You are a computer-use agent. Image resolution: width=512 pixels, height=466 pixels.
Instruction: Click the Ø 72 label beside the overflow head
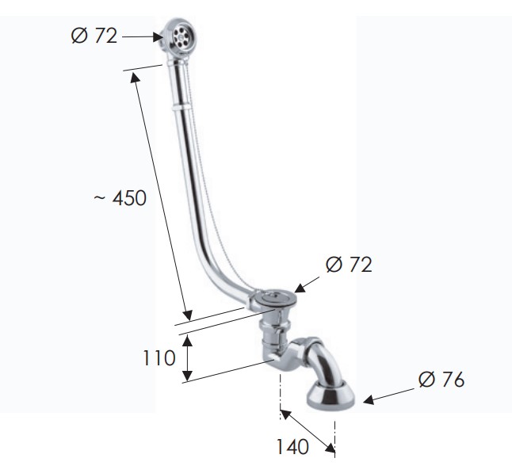[94, 36]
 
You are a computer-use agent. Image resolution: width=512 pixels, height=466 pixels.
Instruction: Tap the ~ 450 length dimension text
[120, 197]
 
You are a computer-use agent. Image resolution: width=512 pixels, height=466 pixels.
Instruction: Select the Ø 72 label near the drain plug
[349, 264]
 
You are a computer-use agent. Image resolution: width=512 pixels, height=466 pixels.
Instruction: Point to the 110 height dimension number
[159, 358]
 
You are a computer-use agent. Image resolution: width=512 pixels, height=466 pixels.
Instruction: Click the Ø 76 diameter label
[441, 379]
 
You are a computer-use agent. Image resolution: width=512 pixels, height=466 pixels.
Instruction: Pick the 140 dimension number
[292, 446]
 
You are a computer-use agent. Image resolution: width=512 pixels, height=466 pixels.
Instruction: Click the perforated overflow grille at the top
[181, 36]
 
